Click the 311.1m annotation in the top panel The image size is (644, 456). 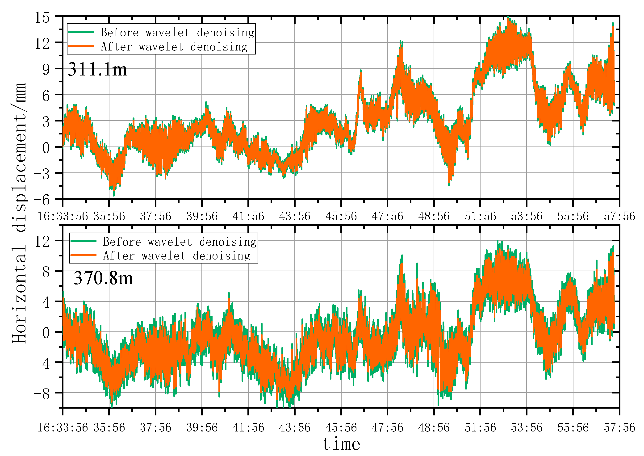click(97, 69)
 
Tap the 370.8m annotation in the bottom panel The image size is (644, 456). click(103, 278)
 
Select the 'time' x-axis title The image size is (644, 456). click(341, 444)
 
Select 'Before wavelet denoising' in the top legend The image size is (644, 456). click(177, 33)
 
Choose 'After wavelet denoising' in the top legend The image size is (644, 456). click(174, 47)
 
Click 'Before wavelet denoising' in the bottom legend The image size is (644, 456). click(180, 242)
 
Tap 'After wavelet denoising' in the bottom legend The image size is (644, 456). click(176, 256)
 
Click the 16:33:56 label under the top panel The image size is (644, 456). click(63, 216)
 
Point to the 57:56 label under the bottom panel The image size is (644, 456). click(619, 428)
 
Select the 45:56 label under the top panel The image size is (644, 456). click(341, 216)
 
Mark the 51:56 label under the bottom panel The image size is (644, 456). click(480, 428)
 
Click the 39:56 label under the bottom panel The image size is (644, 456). click(202, 428)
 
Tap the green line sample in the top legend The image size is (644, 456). click(81, 32)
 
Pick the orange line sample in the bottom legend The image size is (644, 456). click(83, 255)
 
